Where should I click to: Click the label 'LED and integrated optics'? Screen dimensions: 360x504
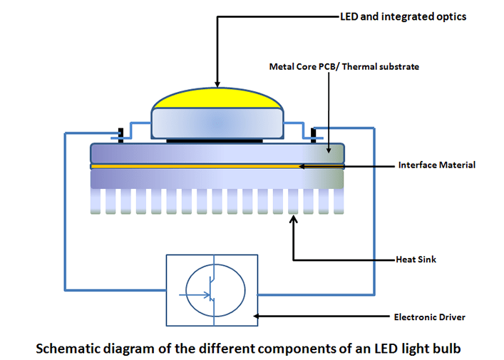pyautogui.click(x=403, y=16)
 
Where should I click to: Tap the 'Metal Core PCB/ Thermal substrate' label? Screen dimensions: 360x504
pyautogui.click(x=344, y=66)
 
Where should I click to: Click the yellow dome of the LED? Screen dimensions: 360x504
pyautogui.click(x=217, y=100)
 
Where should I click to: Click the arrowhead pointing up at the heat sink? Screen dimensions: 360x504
pyautogui.click(x=293, y=220)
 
